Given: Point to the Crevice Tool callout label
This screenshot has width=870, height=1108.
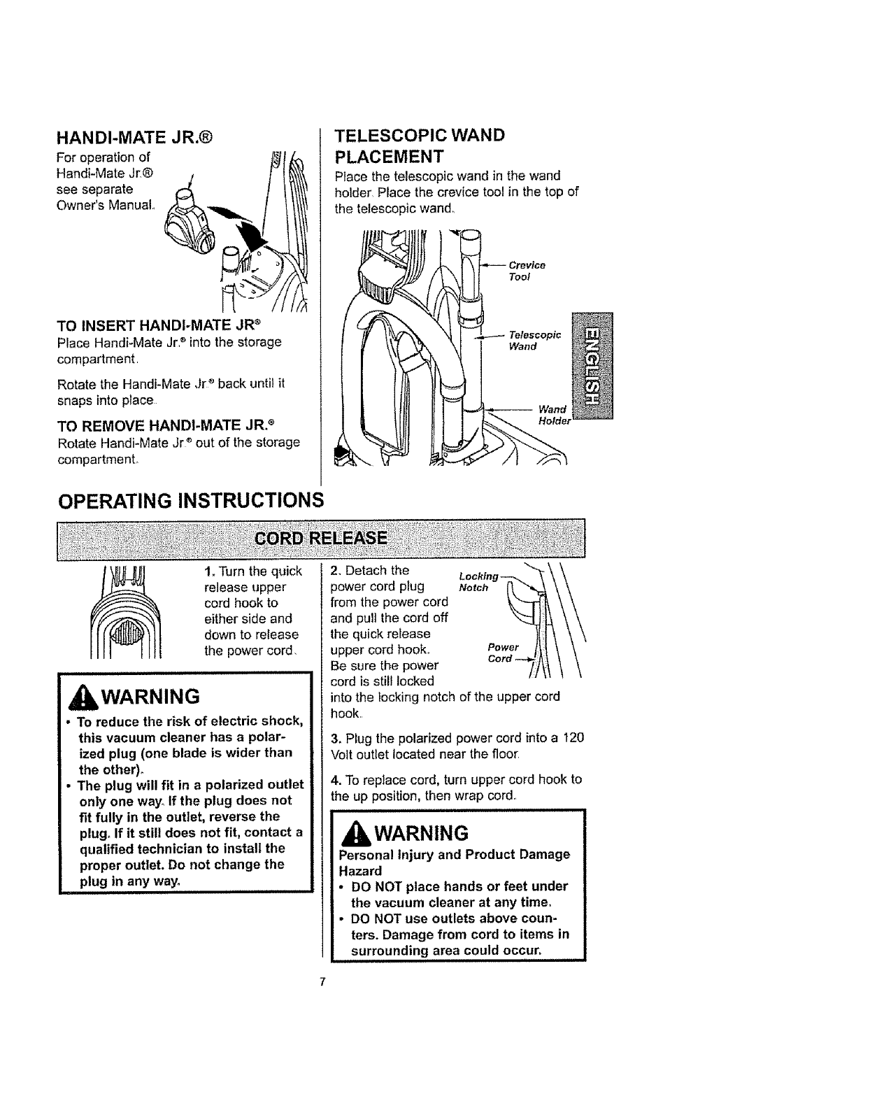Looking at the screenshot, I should click(x=526, y=271).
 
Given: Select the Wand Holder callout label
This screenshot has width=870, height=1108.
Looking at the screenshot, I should click(x=554, y=414).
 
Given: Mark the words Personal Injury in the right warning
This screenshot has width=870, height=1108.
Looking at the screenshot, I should click(x=380, y=855).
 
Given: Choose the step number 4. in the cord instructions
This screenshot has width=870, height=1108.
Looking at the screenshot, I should click(x=334, y=779).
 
